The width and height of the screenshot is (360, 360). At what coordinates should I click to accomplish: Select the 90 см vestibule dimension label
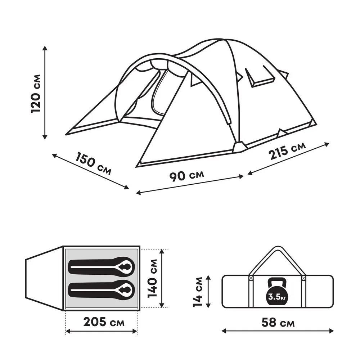point(186,176)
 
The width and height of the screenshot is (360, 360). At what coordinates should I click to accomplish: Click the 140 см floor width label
point(152,278)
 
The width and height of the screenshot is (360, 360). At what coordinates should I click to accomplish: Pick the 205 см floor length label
point(104,322)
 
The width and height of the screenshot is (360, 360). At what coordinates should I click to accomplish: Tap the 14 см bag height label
point(198,292)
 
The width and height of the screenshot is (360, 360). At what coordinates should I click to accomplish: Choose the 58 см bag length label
point(278,323)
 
